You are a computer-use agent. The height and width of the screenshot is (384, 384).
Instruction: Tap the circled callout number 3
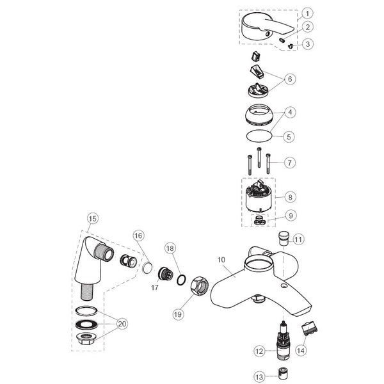308,44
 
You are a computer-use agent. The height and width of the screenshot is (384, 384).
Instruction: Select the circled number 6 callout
291,79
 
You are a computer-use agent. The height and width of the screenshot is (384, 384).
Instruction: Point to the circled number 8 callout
290,198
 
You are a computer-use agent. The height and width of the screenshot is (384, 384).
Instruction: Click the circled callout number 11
298,240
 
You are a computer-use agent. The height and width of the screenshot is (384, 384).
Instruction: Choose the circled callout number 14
300,351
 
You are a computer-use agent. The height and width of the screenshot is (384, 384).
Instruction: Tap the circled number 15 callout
92,218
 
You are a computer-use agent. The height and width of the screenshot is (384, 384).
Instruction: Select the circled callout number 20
121,324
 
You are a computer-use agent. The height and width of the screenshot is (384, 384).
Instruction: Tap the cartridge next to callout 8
262,198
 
